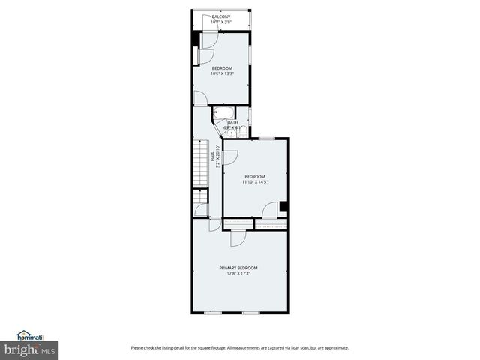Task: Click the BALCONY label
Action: coord(221,16)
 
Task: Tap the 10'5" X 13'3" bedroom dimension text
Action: coord(222,73)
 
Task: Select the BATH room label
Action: coord(233,123)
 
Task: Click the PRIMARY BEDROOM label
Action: coord(238,268)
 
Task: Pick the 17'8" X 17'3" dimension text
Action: coord(238,273)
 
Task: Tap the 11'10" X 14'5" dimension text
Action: coord(255,181)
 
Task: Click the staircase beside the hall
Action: coord(200,165)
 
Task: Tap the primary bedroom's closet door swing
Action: coord(238,238)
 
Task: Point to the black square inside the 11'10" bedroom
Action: coord(284,207)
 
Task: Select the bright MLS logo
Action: coord(29,349)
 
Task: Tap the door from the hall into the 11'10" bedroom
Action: coord(230,157)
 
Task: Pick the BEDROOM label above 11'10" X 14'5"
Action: coord(255,176)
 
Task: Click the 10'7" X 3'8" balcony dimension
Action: coord(221,22)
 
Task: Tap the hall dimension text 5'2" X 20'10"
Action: coord(218,158)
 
